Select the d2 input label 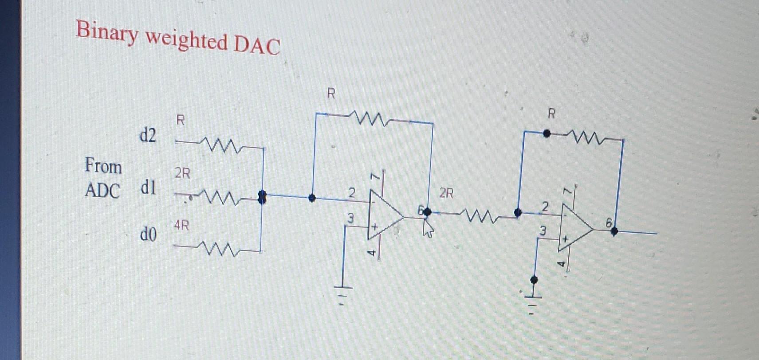[148, 135]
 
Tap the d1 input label [148, 188]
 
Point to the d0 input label [148, 234]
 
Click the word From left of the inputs [103, 166]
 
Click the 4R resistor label [181, 226]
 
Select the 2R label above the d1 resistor [182, 173]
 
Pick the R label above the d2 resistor [180, 120]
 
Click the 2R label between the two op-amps [446, 193]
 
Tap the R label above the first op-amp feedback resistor [331, 94]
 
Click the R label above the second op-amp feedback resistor [551, 114]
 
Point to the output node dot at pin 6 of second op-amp [614, 232]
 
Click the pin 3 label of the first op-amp [350, 218]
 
